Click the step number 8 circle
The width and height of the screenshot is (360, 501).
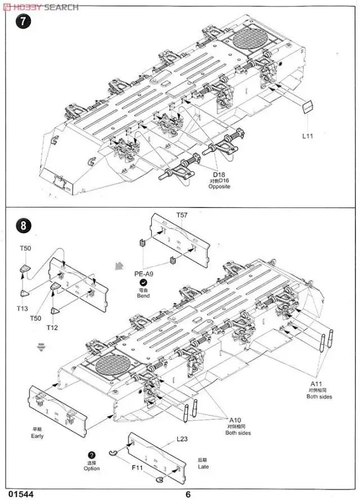(23, 225)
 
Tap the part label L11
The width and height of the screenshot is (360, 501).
(307, 136)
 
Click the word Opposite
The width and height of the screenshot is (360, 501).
(220, 186)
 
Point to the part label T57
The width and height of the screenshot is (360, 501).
(181, 215)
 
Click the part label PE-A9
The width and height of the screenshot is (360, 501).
(143, 274)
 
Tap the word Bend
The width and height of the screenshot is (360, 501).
(143, 296)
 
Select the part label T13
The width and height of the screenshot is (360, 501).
(22, 308)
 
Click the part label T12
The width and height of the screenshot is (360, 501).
(52, 327)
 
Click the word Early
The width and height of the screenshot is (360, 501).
(37, 436)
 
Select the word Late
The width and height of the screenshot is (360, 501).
(203, 467)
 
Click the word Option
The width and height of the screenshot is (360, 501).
(92, 468)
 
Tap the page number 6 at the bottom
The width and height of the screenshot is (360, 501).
(188, 495)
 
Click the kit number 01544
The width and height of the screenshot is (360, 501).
(21, 495)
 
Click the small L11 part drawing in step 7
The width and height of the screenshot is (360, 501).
(307, 107)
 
